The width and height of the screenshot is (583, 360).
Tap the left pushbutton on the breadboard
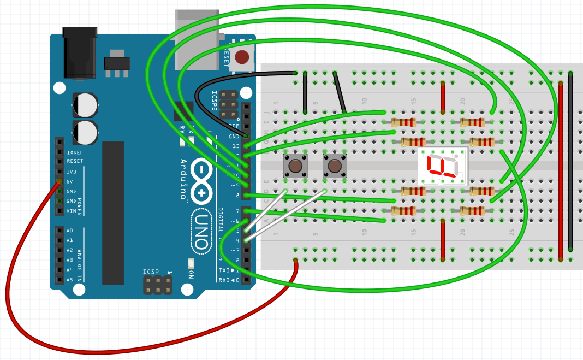(x=295, y=166)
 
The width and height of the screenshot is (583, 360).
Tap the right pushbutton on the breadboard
(x=335, y=166)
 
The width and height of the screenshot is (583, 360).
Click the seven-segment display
(x=443, y=166)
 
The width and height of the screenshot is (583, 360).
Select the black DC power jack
(x=80, y=53)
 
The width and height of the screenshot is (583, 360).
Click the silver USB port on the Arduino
(x=197, y=38)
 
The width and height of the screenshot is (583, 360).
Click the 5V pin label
(x=70, y=181)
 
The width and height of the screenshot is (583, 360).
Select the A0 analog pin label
(x=70, y=231)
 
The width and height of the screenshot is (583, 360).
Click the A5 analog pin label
(x=70, y=280)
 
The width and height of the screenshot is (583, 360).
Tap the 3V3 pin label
(x=72, y=172)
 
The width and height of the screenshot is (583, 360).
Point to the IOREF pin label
(x=75, y=152)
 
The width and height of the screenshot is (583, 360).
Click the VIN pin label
(x=71, y=211)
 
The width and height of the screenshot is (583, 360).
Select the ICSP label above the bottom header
(x=151, y=272)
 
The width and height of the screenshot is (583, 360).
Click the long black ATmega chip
(x=113, y=213)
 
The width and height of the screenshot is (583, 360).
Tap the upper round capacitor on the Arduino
(x=85, y=104)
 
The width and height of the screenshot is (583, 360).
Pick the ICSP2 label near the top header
(x=215, y=102)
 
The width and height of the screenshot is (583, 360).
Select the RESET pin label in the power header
(x=75, y=162)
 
